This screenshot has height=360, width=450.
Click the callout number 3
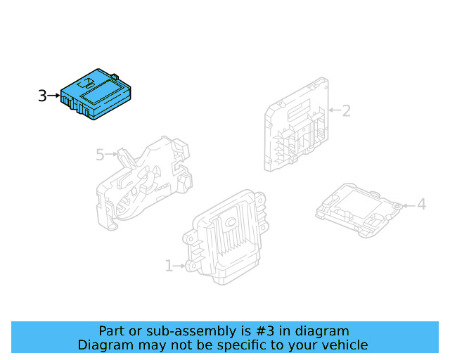pyautogui.click(x=42, y=96)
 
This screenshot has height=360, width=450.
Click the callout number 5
pyautogui.click(x=100, y=154)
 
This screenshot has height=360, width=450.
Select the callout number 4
pyautogui.click(x=421, y=205)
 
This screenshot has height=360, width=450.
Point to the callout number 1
pyautogui.click(x=169, y=266)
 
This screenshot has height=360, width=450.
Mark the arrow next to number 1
pyautogui.click(x=180, y=266)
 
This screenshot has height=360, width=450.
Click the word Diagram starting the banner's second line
pyautogui.click(x=103, y=345)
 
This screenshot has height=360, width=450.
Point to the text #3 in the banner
pyautogui.click(x=264, y=331)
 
